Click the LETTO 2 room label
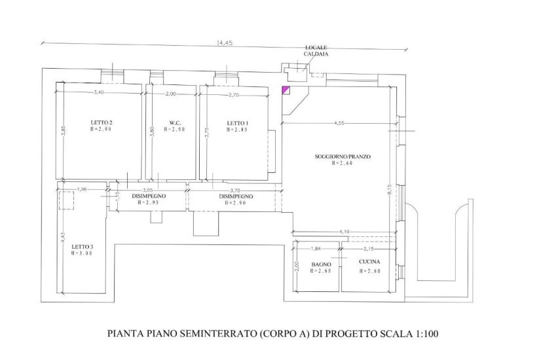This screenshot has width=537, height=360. [x=102, y=122]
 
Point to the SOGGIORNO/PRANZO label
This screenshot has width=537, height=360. [x=343, y=156]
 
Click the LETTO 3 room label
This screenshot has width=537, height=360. [x=83, y=247]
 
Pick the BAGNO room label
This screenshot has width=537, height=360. [x=322, y=264]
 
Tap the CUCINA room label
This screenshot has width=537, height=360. [x=369, y=262]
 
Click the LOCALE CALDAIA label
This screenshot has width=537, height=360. [x=316, y=50]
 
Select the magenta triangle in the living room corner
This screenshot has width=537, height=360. [x=285, y=90]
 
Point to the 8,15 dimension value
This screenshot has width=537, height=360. [x=390, y=190]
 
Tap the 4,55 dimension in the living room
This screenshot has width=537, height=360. [x=339, y=124]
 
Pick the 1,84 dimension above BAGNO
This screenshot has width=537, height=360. [x=316, y=249]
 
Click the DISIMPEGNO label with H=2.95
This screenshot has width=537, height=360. [x=149, y=196]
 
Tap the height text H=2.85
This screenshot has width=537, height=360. [x=236, y=130]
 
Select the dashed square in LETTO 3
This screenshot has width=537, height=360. [x=66, y=200]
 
